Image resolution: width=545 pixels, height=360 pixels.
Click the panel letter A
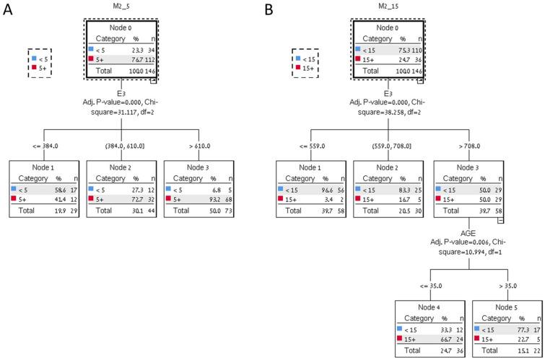[9, 11]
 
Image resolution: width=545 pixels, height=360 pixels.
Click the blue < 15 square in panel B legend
[298, 58]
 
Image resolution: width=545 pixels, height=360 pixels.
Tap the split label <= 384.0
[43, 146]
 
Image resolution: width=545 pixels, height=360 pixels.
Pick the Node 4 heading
[430, 305]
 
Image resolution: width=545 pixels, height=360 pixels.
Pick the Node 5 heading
[506, 305]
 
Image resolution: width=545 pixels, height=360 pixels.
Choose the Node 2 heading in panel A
[121, 167]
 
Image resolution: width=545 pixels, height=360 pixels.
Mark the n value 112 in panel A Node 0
[149, 60]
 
